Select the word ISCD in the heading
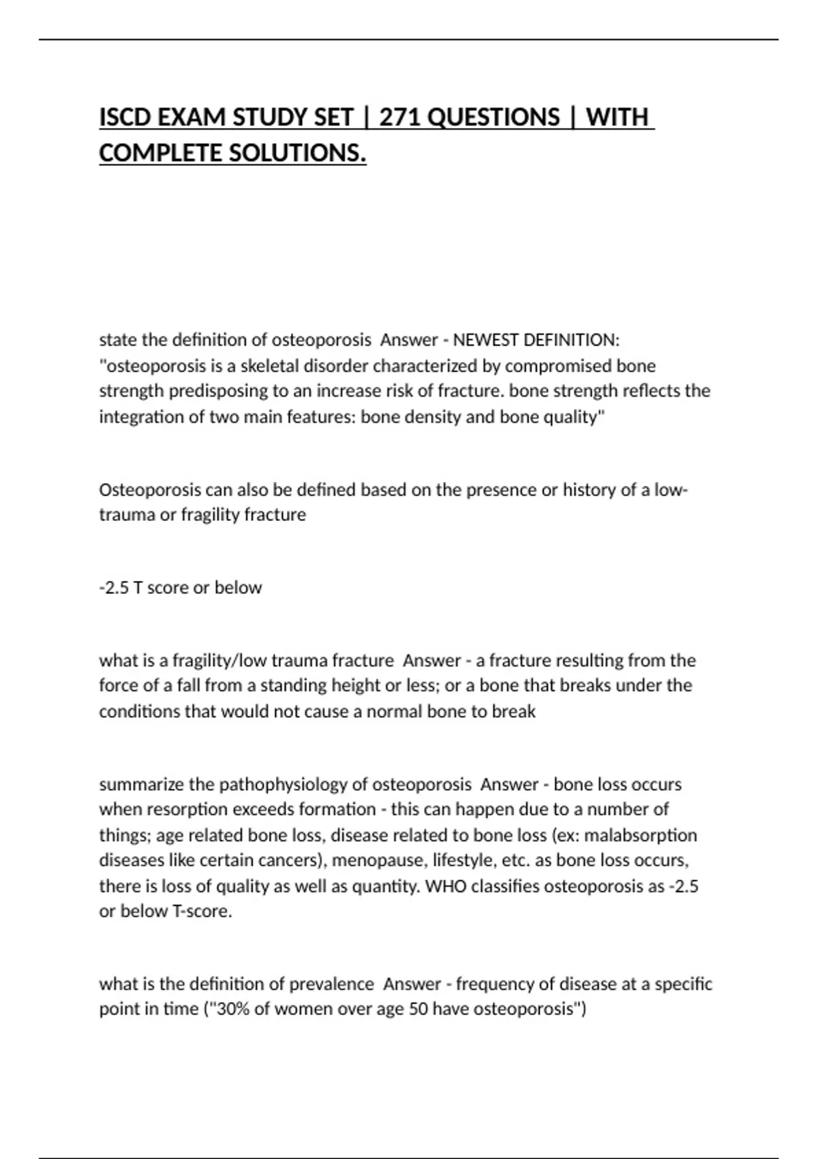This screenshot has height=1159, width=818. click(125, 117)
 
